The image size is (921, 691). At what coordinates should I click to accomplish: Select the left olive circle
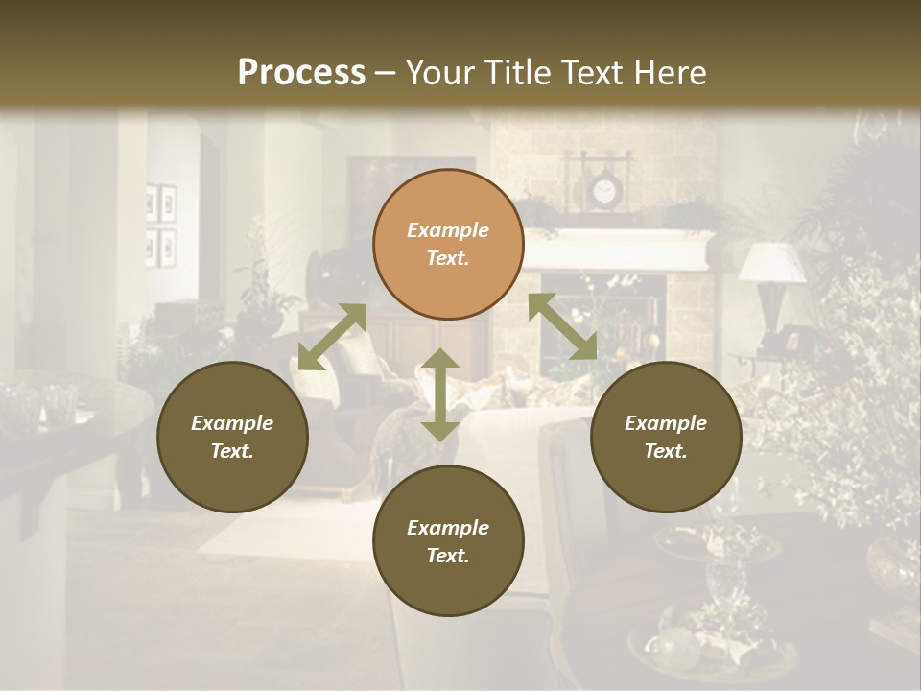coord(232,438)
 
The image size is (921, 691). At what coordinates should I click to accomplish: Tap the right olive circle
coord(666,438)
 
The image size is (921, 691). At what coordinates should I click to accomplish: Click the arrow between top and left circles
coord(332,337)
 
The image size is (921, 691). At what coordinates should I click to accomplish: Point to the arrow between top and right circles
coord(563,327)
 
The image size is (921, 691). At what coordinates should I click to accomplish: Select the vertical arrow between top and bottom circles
coord(440,394)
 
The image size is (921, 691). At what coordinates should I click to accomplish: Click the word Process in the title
coord(301,72)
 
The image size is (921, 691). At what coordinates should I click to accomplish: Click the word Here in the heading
coord(669,72)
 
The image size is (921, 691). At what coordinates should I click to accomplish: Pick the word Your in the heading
coord(440,72)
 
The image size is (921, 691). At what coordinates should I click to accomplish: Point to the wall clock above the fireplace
coord(603,193)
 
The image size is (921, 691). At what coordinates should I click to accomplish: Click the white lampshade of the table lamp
coord(772,262)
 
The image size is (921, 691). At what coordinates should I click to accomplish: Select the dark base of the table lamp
coord(773,317)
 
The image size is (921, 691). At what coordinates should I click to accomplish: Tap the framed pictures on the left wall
coord(160,225)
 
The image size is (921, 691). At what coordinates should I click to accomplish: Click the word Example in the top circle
coord(448,230)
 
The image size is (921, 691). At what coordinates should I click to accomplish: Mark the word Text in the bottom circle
coord(448,556)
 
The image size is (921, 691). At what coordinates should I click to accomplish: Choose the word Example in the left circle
coord(232,423)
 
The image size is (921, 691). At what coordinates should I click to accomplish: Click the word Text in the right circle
coord(666,451)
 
